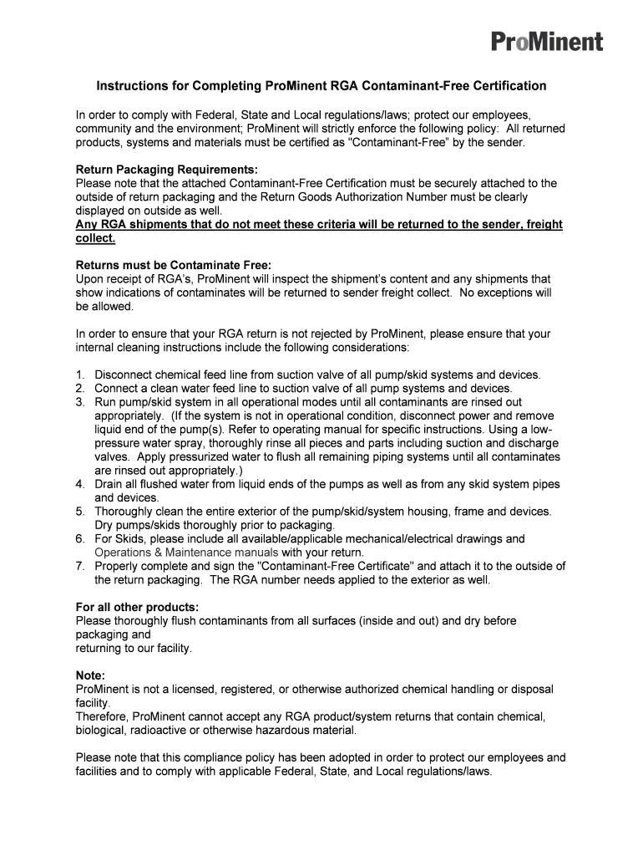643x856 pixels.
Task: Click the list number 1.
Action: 79,374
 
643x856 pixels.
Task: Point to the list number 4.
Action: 79,484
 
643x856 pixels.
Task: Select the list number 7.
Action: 79,566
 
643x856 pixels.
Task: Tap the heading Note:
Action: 90,675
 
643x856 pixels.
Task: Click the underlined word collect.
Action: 95,237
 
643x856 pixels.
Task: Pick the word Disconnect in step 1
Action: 125,374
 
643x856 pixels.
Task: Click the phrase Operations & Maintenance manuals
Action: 186,553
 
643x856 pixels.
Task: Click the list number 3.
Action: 79,401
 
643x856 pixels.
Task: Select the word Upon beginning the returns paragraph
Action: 90,278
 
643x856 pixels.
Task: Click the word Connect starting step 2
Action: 116,388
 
